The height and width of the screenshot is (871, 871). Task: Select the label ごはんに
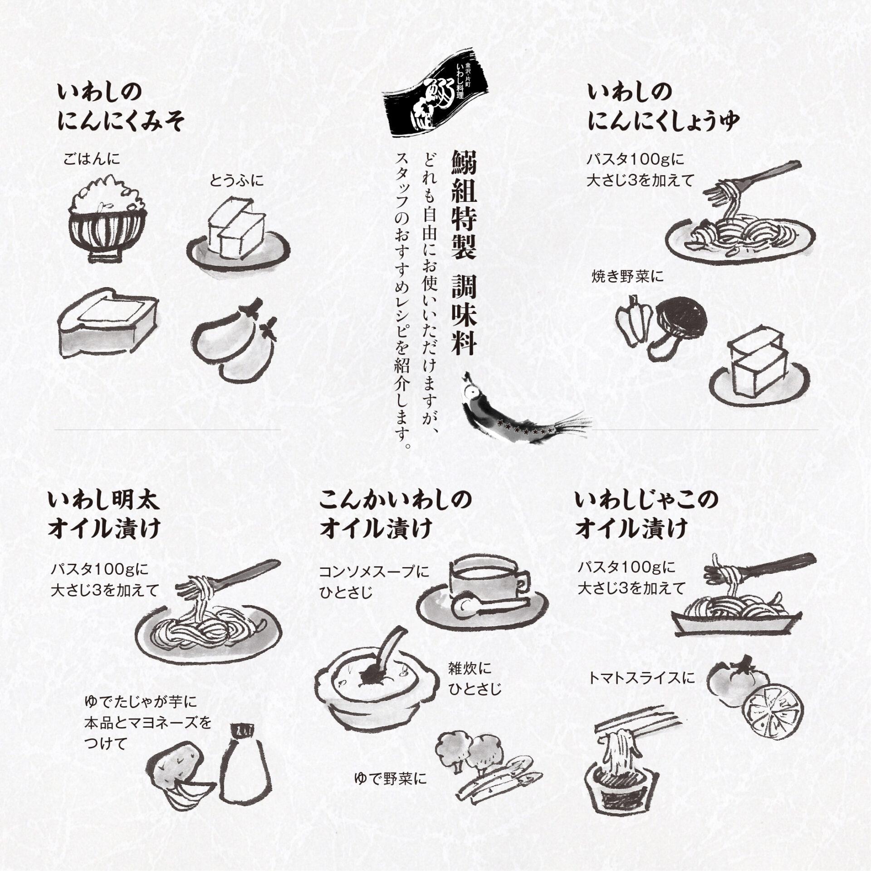pyautogui.click(x=92, y=159)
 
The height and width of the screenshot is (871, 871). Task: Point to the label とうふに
pyautogui.click(x=236, y=181)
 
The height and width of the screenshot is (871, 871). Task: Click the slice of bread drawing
pyautogui.click(x=108, y=326)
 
